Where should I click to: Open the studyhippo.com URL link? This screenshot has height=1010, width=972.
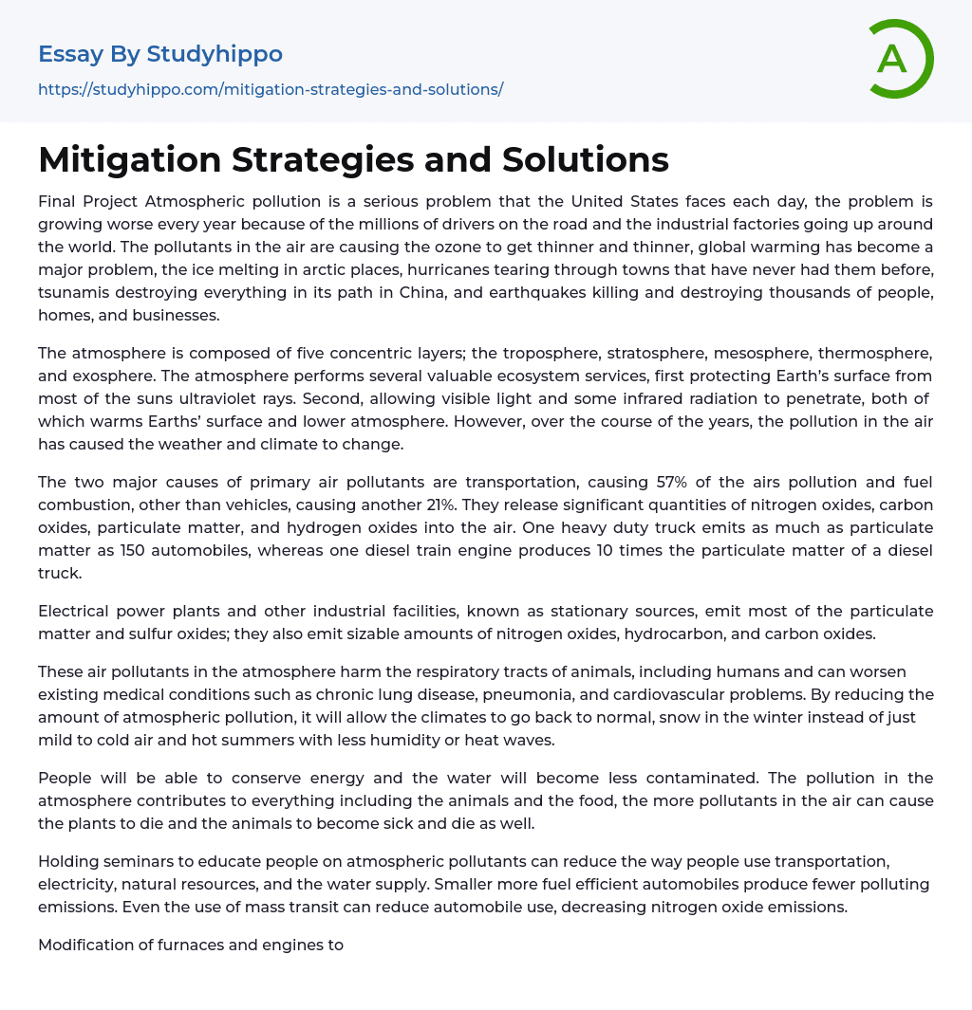(x=271, y=90)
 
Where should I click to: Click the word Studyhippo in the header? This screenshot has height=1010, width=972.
(x=214, y=54)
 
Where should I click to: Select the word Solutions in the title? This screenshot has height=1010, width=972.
(x=586, y=159)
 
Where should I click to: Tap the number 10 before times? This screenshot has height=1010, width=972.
(x=582, y=550)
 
